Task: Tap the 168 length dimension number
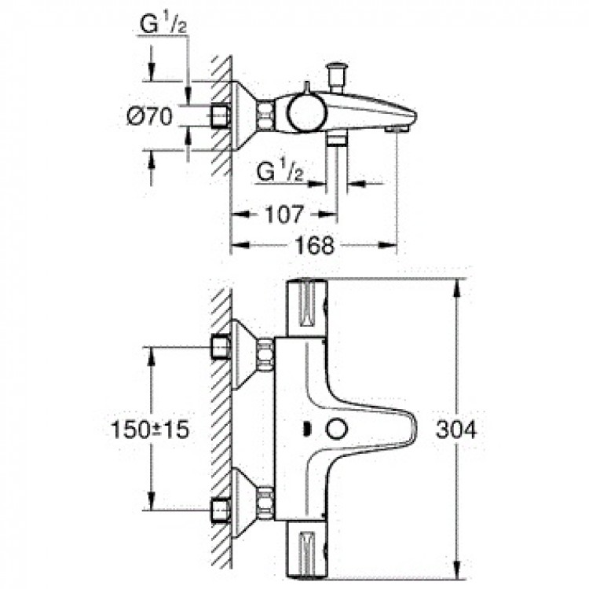(316, 247)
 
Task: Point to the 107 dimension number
(283, 214)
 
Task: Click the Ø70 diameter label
(150, 116)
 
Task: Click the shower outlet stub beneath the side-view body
(337, 139)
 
